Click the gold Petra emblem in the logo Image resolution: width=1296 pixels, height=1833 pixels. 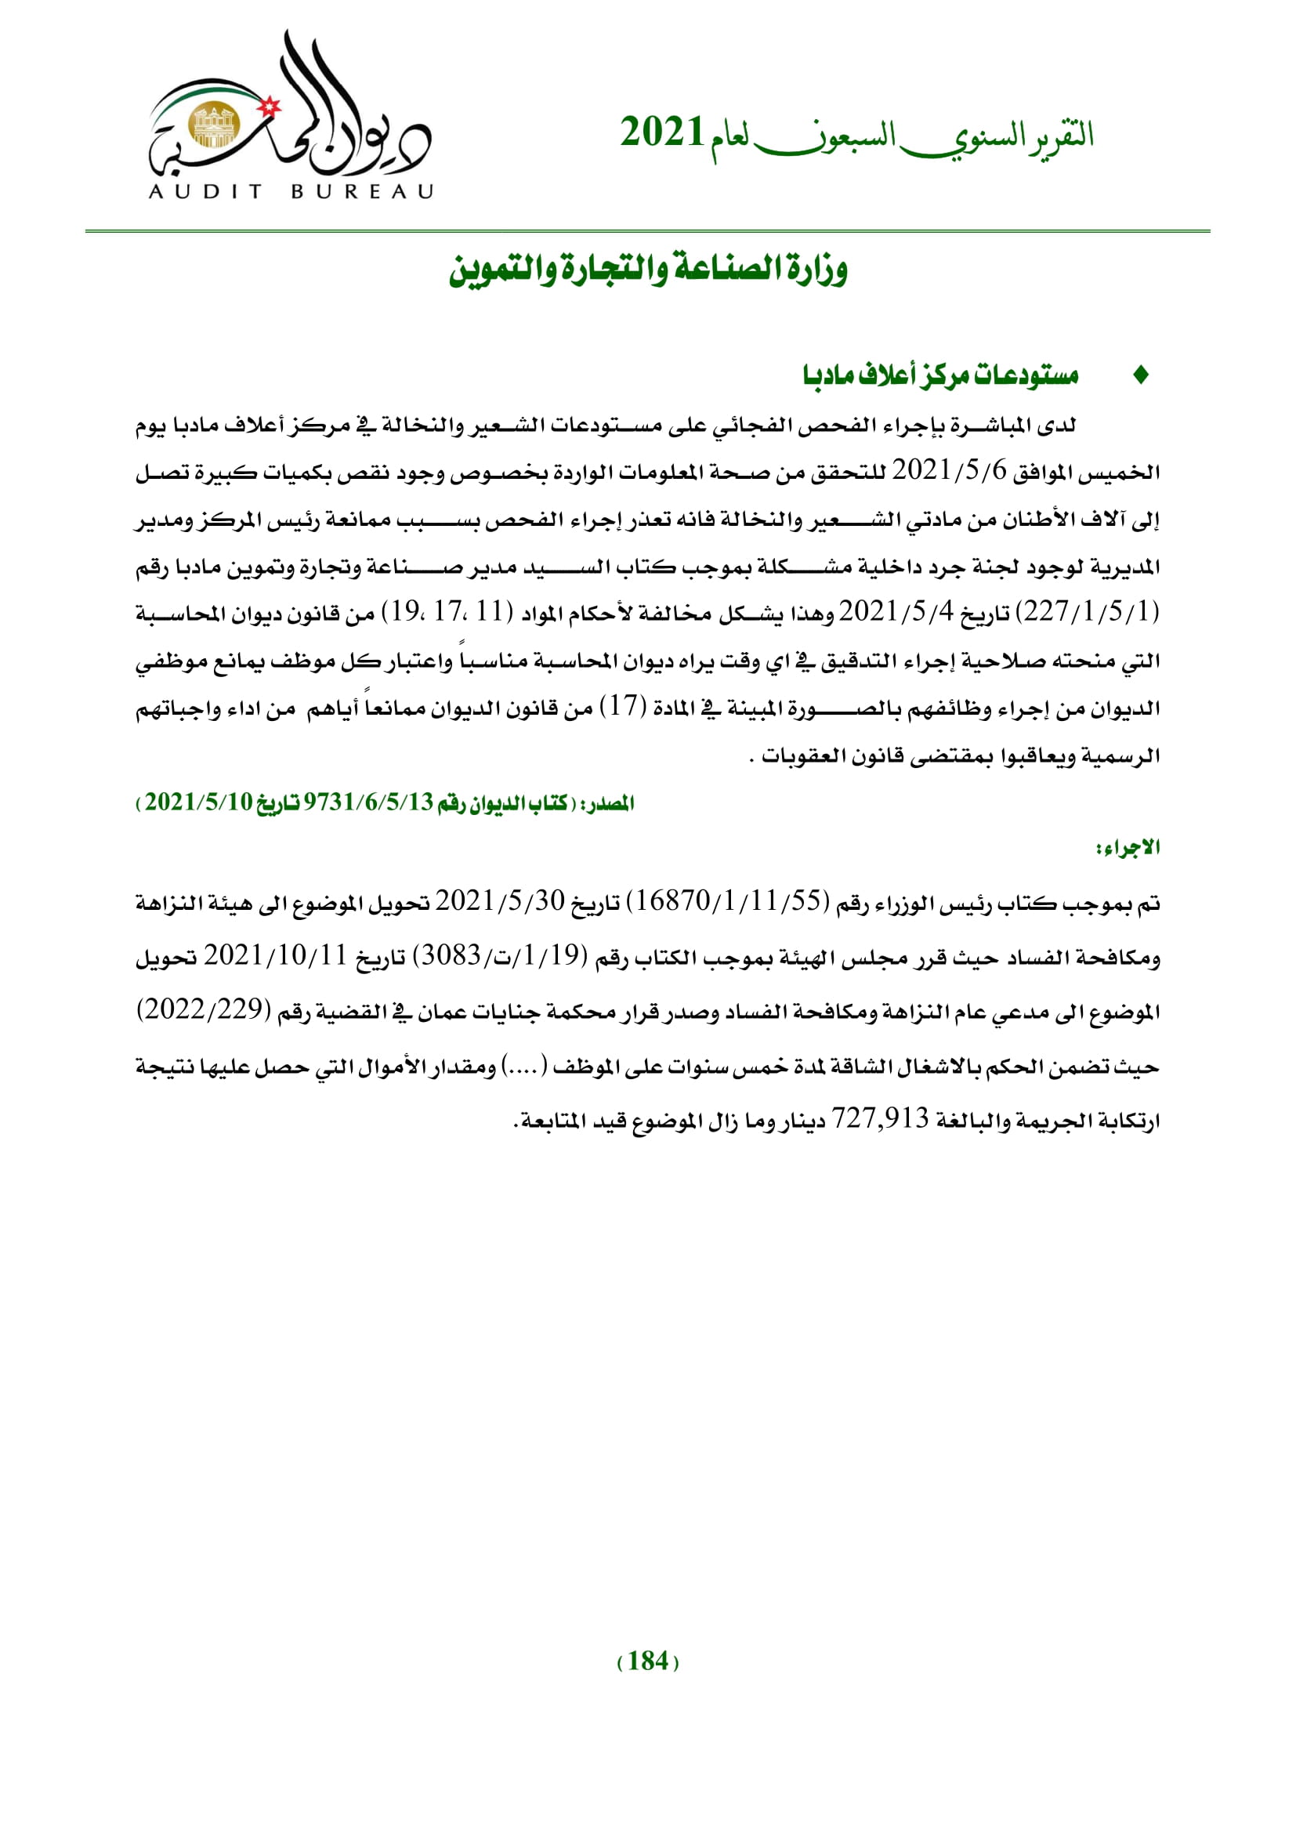point(214,126)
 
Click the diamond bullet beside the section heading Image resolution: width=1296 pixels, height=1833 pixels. point(1141,375)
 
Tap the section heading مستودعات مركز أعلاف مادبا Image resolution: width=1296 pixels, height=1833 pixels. point(941,375)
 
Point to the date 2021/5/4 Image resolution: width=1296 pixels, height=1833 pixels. point(896,612)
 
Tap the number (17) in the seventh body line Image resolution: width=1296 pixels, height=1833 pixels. point(622,707)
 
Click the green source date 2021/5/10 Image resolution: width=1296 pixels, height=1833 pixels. point(199,802)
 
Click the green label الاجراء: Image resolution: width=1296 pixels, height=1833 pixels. point(1128,848)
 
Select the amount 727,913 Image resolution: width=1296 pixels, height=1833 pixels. point(880,1119)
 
